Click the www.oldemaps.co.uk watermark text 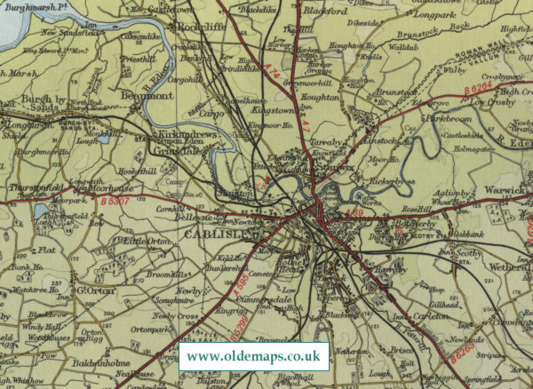[x=253, y=357]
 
